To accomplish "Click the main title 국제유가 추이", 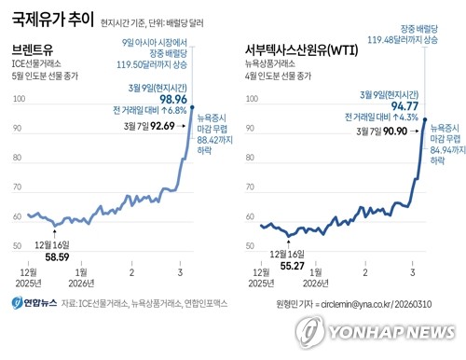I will click(x=50, y=18).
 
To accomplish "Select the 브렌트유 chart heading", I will click(x=34, y=47).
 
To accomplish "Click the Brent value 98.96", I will click(x=169, y=98).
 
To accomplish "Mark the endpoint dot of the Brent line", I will click(x=191, y=106).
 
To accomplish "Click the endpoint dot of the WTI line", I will click(x=425, y=119).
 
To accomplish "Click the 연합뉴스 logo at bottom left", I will click(x=33, y=303).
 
